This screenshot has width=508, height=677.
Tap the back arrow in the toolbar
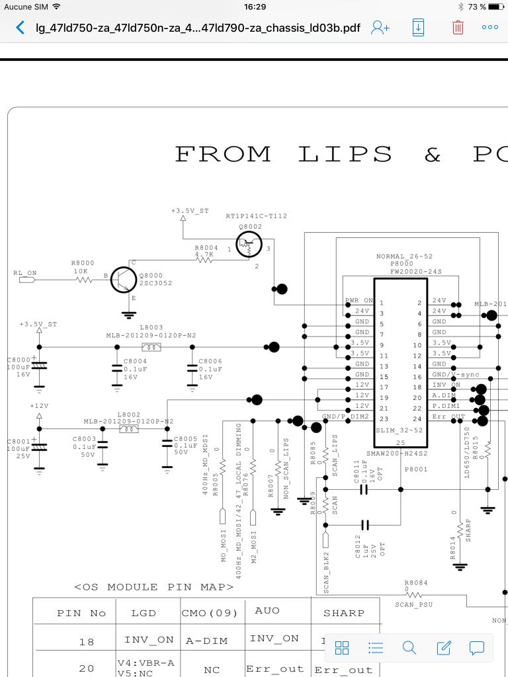[x=21, y=28]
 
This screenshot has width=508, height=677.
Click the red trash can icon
[x=458, y=28]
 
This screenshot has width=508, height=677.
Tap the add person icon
[x=380, y=28]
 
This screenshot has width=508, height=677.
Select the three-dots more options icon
[x=490, y=28]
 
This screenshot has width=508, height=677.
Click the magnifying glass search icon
[x=409, y=648]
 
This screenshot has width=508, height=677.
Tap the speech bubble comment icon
[x=477, y=648]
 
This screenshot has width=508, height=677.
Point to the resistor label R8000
[x=83, y=263]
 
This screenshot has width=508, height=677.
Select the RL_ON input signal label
[x=25, y=273]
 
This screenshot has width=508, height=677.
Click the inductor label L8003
[x=151, y=327]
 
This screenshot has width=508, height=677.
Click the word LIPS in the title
[x=345, y=154]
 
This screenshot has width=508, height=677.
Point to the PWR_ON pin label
[x=359, y=300]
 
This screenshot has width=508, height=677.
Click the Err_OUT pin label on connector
[x=448, y=417]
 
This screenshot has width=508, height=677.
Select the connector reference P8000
[x=401, y=264]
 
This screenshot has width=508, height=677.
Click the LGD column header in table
[x=144, y=613]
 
